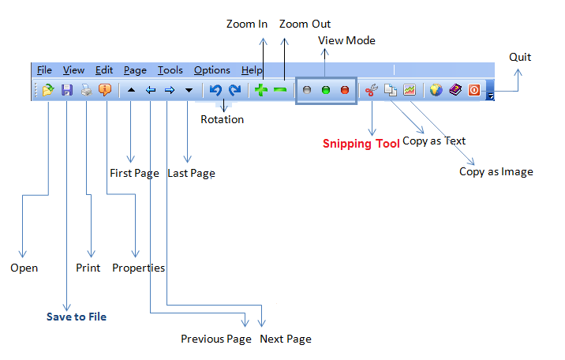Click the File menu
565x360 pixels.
(x=44, y=70)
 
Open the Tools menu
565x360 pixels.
(x=170, y=70)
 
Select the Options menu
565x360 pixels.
(x=211, y=70)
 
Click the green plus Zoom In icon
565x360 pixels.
(x=261, y=90)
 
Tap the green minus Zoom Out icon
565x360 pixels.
(x=280, y=90)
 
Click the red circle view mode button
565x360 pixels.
(x=345, y=90)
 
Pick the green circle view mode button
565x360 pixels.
(x=326, y=90)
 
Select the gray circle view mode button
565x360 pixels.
(x=307, y=90)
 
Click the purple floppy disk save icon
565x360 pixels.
(x=67, y=90)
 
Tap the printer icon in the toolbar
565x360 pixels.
(x=86, y=90)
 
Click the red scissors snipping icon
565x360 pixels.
(x=371, y=90)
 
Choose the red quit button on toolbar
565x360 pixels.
(x=474, y=90)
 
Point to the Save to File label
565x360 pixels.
(x=76, y=317)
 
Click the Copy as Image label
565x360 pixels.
(x=496, y=171)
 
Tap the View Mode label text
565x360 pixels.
(x=346, y=40)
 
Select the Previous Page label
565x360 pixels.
(x=215, y=339)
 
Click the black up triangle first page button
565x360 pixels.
(x=131, y=90)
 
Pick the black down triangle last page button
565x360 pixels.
(x=189, y=90)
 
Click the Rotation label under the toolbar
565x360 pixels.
(x=222, y=119)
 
